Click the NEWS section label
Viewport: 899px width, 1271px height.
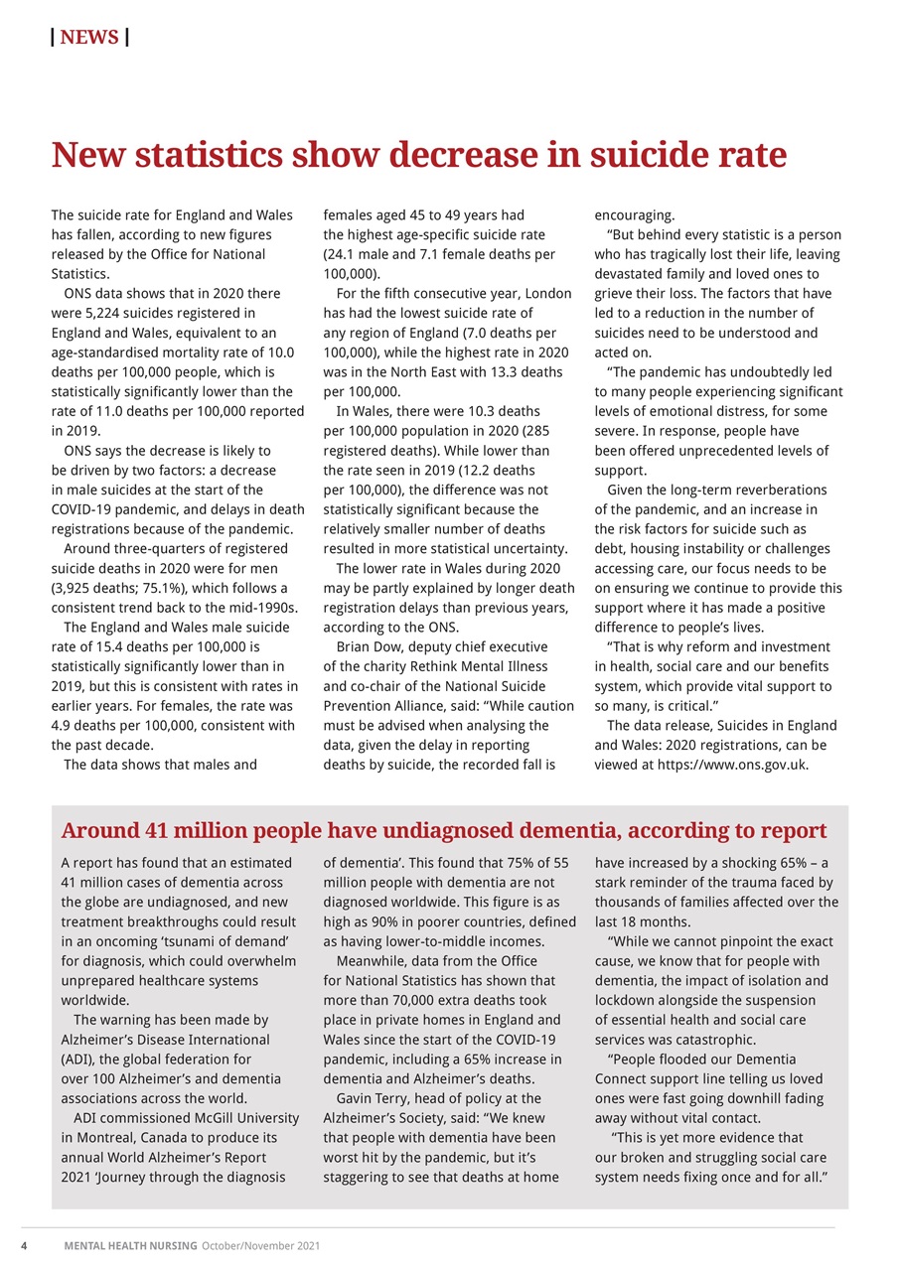[x=89, y=38]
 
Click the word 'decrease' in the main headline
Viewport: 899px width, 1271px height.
[x=455, y=156]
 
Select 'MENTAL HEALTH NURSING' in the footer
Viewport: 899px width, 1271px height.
[x=131, y=1246]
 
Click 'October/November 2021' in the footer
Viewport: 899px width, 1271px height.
[x=260, y=1246]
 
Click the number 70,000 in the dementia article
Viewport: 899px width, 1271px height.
[x=418, y=1000]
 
